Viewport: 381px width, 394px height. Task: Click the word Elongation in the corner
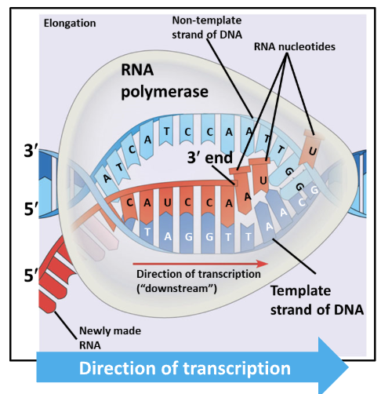(x=71, y=23)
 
